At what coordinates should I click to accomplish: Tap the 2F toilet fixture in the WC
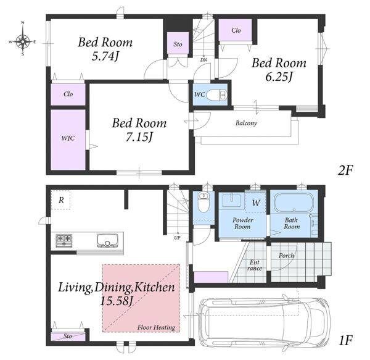(216, 95)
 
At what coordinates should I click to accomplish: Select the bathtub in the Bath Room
(294, 203)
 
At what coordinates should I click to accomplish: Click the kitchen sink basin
(107, 240)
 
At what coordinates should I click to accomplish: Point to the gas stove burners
(64, 241)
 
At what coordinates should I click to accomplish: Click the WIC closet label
(68, 138)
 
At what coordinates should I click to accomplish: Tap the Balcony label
(246, 123)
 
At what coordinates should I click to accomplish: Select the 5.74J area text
(105, 57)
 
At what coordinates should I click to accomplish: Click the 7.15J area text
(139, 137)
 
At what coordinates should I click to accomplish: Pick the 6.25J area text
(279, 77)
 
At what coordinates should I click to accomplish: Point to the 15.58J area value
(117, 301)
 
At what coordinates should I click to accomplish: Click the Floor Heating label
(156, 327)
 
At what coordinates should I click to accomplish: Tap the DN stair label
(203, 60)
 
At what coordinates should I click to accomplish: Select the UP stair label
(177, 238)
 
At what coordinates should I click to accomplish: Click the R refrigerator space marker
(61, 200)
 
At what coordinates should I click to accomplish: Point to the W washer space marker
(256, 203)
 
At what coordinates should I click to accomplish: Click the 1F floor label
(345, 341)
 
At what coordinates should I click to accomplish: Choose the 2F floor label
(345, 170)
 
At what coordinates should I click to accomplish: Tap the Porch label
(287, 256)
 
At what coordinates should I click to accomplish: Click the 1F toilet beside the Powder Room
(202, 202)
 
